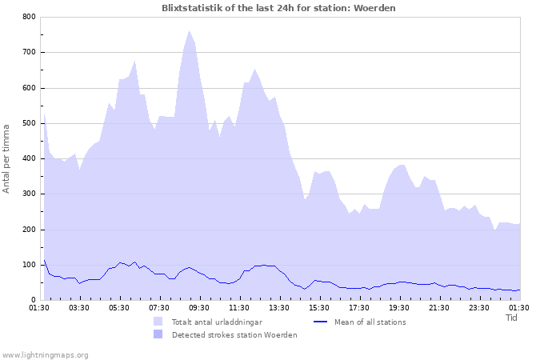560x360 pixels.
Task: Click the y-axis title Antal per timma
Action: pos(6,158)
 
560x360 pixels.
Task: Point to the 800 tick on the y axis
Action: pos(29,17)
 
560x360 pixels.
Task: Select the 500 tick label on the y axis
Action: pos(29,123)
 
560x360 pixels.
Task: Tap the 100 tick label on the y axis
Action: pos(29,265)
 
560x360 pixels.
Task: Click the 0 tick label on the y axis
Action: pos(33,300)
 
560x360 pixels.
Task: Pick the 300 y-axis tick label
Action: pos(29,194)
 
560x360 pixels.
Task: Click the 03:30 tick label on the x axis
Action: pos(79,307)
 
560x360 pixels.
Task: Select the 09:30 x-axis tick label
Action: pos(199,307)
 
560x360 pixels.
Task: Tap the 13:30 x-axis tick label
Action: pos(279,307)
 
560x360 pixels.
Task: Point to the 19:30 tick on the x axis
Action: pos(399,307)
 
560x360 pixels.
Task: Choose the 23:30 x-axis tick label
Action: pos(479,307)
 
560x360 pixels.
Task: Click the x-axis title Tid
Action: pos(512,318)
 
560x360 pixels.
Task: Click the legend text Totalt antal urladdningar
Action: pos(217,322)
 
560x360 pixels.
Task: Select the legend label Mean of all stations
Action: pos(370,322)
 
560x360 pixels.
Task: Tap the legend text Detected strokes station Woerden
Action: pos(234,335)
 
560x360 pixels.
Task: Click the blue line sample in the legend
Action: pos(320,322)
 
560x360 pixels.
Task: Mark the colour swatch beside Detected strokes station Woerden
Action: pos(158,335)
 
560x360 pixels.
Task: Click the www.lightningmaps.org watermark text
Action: pos(46,354)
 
